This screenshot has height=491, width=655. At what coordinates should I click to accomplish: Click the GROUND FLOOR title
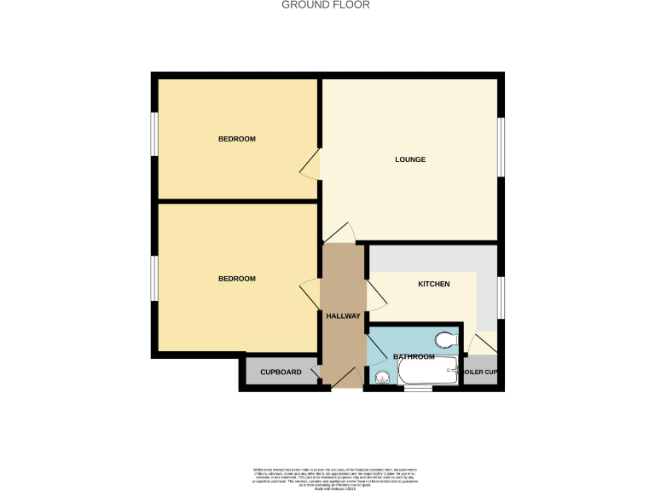(x=327, y=5)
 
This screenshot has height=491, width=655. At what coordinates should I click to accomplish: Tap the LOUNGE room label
(x=409, y=159)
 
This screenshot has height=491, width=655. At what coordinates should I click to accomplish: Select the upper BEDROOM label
(x=236, y=139)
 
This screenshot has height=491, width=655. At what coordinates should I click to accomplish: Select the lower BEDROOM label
(x=236, y=279)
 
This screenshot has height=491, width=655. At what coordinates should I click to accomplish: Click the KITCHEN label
(x=433, y=284)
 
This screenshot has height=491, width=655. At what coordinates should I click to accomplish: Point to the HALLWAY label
(x=344, y=316)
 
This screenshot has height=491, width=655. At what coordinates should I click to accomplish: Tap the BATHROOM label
(x=414, y=356)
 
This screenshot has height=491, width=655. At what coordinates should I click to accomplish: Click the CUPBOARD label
(x=281, y=373)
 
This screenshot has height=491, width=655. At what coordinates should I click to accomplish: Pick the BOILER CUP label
(x=480, y=373)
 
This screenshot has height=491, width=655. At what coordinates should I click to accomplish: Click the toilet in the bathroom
(x=443, y=341)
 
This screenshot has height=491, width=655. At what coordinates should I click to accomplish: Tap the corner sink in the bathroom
(x=381, y=378)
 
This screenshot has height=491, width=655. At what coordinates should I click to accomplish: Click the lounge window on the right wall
(x=501, y=146)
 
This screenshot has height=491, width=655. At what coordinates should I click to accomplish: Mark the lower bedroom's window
(x=154, y=280)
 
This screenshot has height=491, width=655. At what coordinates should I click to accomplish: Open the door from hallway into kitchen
(x=375, y=295)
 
